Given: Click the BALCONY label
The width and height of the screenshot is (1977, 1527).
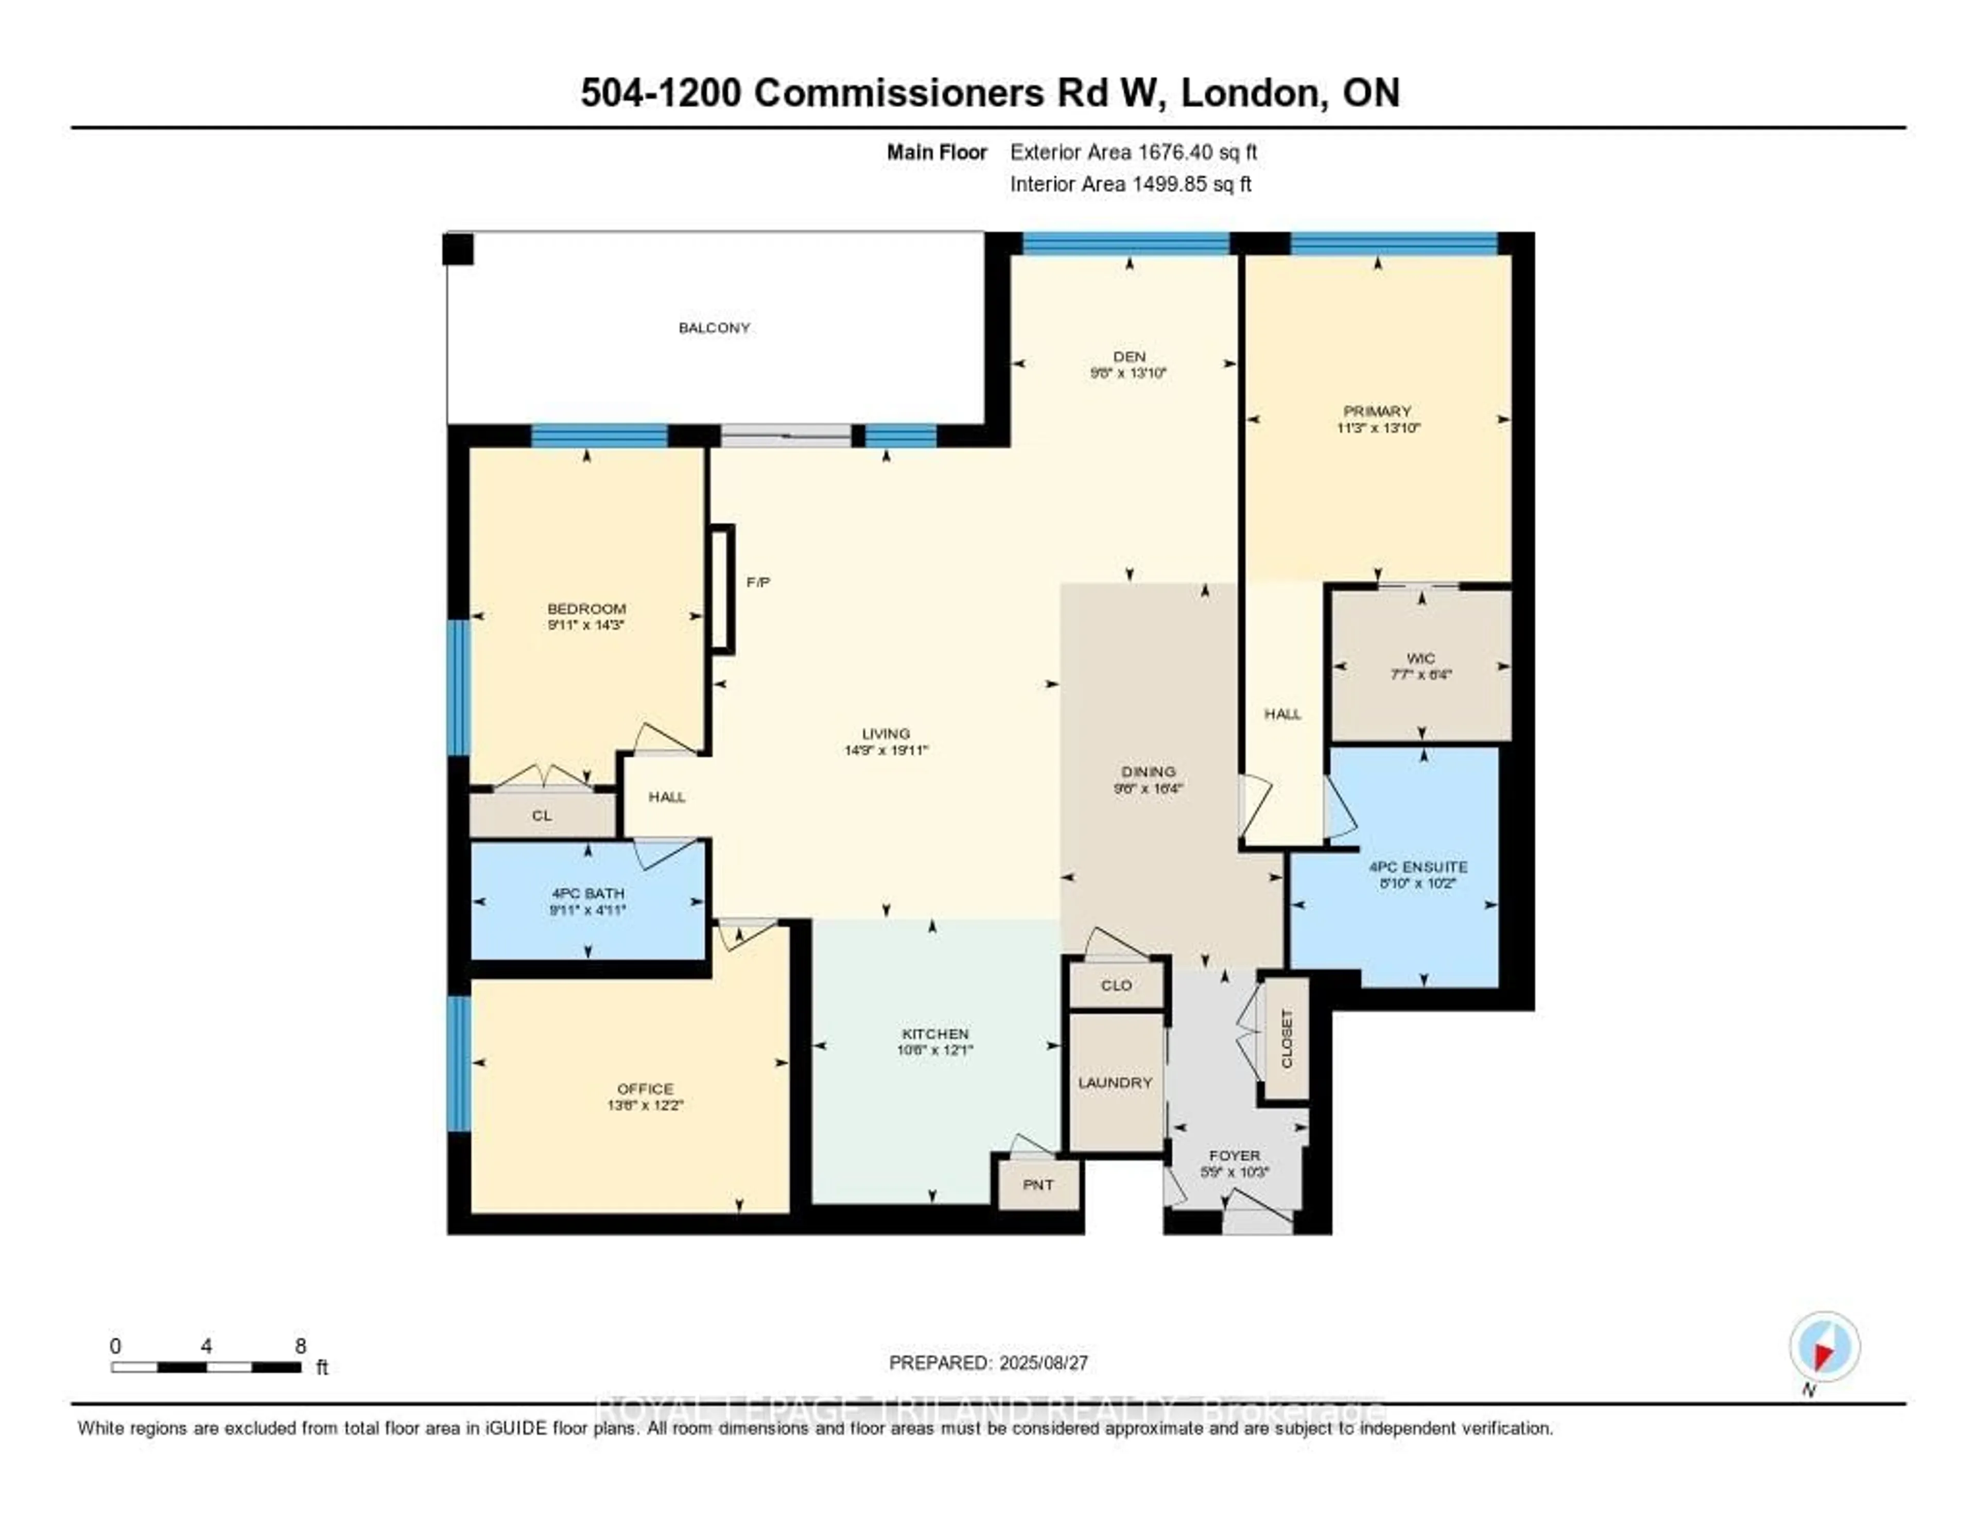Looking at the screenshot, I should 714,327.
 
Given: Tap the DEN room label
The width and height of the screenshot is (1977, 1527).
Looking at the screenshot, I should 1129,357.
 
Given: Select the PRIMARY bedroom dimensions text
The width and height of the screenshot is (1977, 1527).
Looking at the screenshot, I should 1378,428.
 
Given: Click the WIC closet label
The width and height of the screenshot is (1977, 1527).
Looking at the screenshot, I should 1420,659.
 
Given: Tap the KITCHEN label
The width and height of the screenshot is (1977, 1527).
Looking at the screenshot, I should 935,1034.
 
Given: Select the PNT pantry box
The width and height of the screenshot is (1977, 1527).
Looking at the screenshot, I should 1038,1185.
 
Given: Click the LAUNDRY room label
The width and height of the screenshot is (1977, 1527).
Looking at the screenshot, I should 1115,1083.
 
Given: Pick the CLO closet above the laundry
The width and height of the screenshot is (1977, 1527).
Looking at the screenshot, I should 1116,985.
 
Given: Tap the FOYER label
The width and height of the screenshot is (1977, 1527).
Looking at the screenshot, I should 1235,1156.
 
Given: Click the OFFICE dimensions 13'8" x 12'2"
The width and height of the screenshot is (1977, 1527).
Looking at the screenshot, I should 646,1105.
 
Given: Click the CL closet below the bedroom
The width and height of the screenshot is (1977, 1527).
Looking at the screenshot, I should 541,815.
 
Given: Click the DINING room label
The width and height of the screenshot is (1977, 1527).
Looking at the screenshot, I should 1148,772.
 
